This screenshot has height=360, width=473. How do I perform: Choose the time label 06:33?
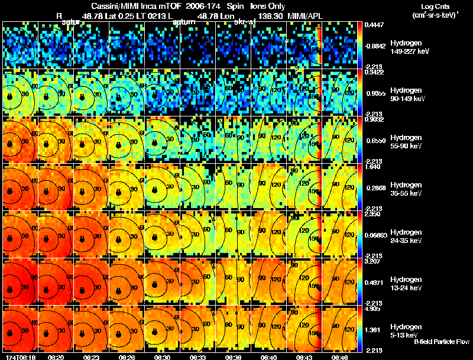coord(198,357)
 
